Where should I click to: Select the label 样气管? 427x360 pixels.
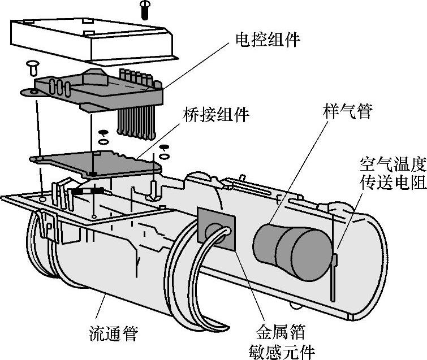(x=348, y=111)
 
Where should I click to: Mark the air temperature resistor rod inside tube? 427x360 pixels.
(x=335, y=271)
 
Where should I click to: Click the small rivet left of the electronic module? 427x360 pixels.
(x=32, y=68)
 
